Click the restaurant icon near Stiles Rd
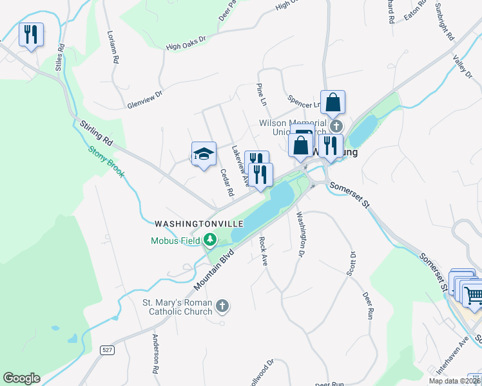click(31, 34)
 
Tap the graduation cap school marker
click(204, 154)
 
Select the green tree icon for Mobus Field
click(209, 241)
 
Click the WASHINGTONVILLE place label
click(198, 223)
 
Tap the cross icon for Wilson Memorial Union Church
click(336, 125)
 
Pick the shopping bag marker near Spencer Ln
click(333, 102)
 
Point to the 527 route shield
click(107, 349)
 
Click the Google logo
click(21, 378)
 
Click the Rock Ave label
click(263, 251)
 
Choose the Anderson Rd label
click(155, 354)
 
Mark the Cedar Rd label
click(226, 183)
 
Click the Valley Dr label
click(462, 66)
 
